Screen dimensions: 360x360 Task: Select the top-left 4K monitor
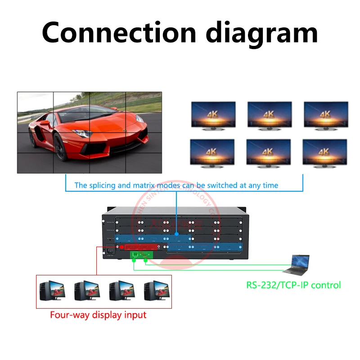click(213, 115)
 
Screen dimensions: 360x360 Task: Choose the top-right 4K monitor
click(325, 115)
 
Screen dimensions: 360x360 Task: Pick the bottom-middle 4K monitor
click(269, 153)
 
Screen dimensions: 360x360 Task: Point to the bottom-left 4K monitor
click(212, 153)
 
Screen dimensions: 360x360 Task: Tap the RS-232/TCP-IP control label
click(293, 285)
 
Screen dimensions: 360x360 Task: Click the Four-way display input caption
click(98, 315)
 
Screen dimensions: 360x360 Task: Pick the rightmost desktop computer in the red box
click(156, 292)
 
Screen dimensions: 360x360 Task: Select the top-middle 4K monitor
click(270, 115)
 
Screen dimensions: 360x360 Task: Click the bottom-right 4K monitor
click(325, 153)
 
